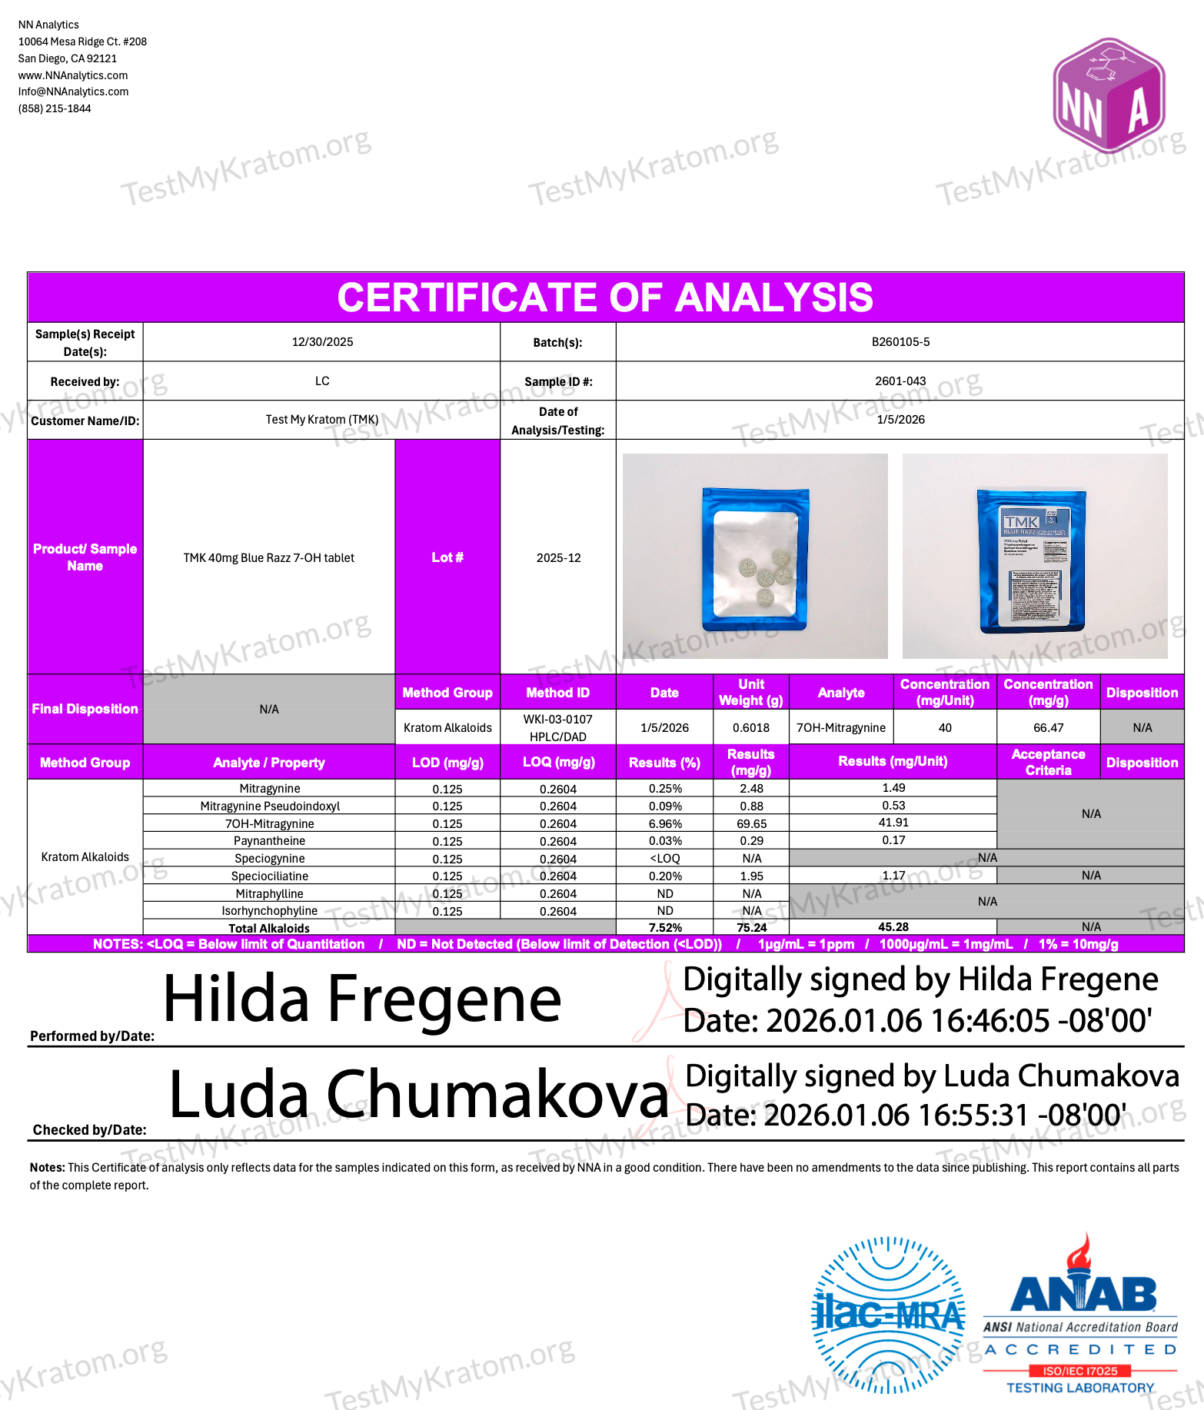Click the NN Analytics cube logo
click(x=1109, y=95)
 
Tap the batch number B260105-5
click(x=900, y=342)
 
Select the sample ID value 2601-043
click(x=900, y=381)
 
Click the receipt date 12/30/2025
click(x=322, y=342)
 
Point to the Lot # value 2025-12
click(x=558, y=558)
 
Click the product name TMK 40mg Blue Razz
click(x=268, y=558)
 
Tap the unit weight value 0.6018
click(x=751, y=728)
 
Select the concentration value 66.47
click(x=1048, y=728)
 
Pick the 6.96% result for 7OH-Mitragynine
click(x=665, y=823)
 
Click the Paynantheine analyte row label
click(x=269, y=841)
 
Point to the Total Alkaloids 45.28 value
click(x=893, y=927)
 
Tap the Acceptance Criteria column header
click(x=1048, y=763)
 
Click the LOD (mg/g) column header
click(x=447, y=763)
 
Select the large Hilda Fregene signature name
click(x=362, y=999)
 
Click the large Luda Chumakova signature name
click(x=418, y=1095)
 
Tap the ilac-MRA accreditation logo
click(x=888, y=1315)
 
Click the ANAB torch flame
click(x=1079, y=1252)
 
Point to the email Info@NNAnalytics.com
click(x=74, y=91)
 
